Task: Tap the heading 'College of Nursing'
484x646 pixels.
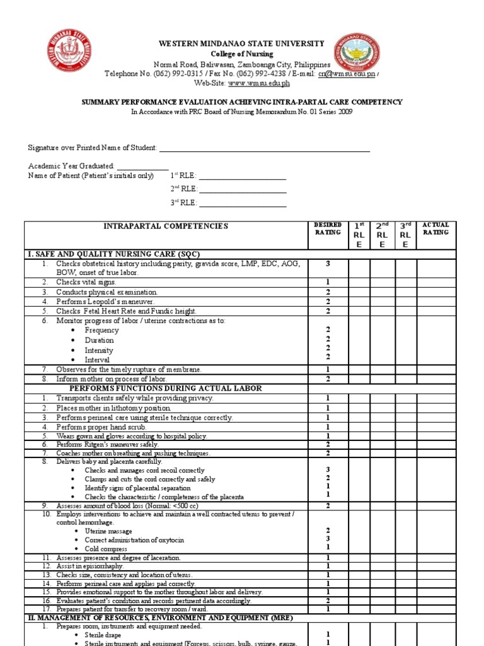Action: point(241,54)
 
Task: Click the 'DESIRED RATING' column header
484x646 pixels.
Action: point(328,228)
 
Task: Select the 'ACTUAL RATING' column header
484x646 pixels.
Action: point(435,228)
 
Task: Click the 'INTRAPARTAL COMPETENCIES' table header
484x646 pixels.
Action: point(166,226)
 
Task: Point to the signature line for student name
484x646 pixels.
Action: point(264,148)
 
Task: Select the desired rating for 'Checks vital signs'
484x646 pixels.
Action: point(328,282)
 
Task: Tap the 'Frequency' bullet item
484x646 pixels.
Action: point(101,330)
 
